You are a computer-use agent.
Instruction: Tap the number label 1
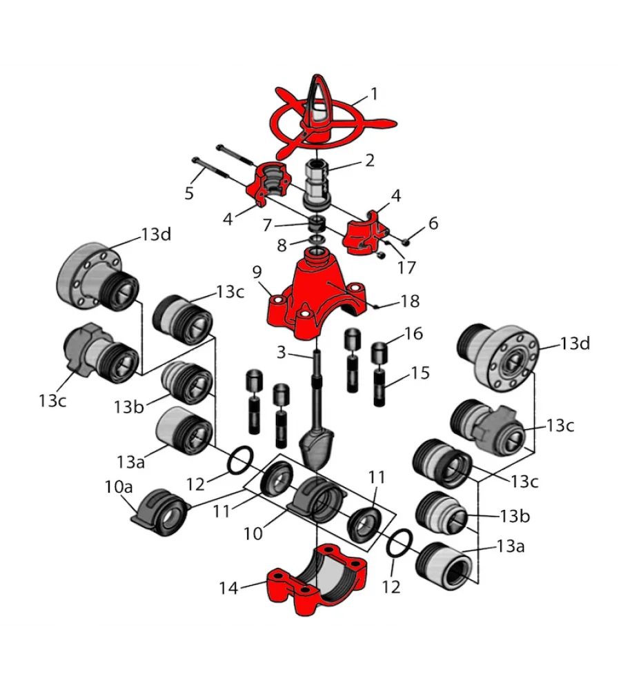(375, 93)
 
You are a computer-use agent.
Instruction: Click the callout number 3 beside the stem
(281, 353)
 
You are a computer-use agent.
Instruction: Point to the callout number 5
(189, 193)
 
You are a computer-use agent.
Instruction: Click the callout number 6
(433, 223)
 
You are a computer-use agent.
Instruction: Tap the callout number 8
(281, 246)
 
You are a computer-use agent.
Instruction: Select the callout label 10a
(118, 486)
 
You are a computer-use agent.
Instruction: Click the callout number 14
(228, 588)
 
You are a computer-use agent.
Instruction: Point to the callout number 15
(420, 373)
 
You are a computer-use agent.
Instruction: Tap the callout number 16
(413, 334)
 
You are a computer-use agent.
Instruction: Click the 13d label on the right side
(575, 343)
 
